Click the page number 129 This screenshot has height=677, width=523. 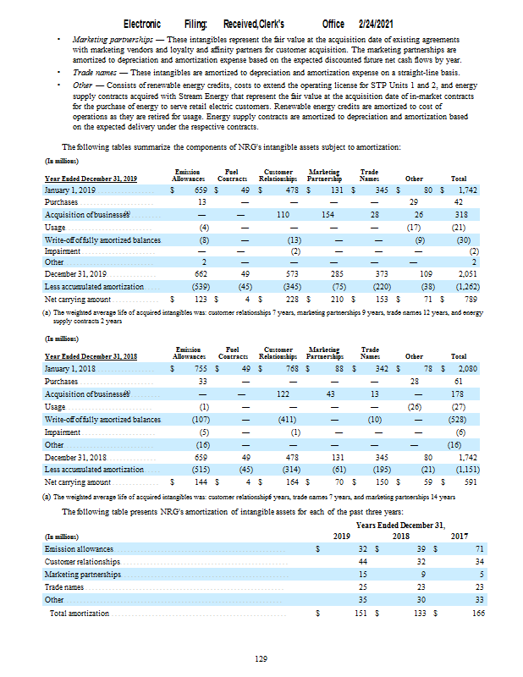(261, 658)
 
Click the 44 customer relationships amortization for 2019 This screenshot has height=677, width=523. (362, 561)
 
